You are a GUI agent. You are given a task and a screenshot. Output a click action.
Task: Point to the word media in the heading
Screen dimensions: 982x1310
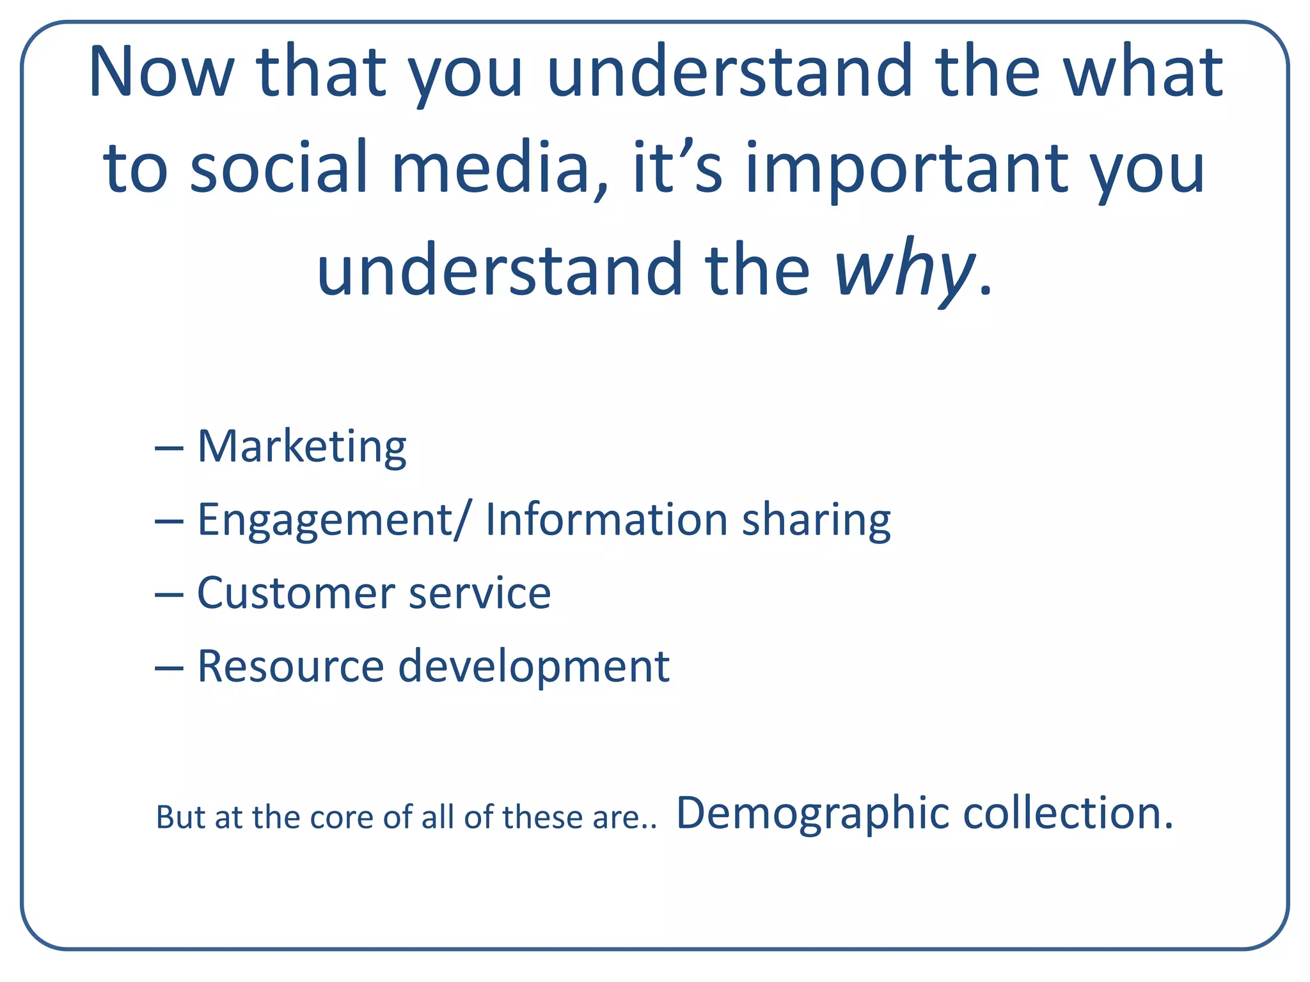(490, 168)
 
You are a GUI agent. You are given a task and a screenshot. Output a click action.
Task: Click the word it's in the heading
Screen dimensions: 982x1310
(677, 168)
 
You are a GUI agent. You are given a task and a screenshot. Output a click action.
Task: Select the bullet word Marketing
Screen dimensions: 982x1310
(301, 447)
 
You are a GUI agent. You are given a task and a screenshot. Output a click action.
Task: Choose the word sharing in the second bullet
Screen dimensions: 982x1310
(816, 521)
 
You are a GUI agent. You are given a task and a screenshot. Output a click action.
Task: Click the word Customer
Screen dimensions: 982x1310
(296, 593)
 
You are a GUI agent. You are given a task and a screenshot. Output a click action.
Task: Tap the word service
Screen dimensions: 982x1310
(480, 593)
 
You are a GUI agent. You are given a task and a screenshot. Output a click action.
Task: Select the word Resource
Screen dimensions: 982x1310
(290, 666)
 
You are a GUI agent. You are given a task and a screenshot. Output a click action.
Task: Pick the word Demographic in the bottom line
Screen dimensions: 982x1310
(813, 814)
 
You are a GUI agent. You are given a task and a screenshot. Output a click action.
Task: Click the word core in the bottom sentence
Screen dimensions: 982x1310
(343, 818)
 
